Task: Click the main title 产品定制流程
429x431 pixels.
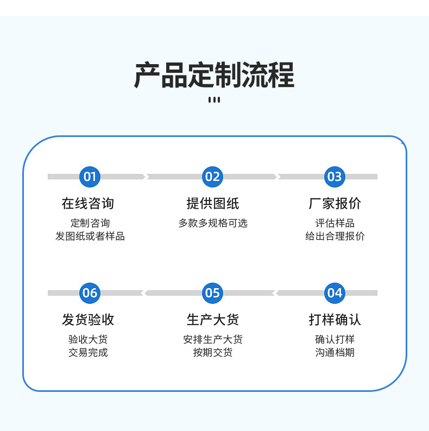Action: click(214, 75)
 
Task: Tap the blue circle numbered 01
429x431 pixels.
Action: click(90, 177)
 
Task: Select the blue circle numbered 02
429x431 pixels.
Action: click(212, 177)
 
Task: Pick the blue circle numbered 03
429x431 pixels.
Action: click(335, 177)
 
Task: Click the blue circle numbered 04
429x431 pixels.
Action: click(335, 293)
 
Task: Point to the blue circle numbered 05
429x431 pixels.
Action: click(212, 293)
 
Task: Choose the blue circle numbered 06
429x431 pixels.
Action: click(90, 293)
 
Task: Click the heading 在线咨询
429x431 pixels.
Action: click(88, 203)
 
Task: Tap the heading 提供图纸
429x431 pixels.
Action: click(213, 203)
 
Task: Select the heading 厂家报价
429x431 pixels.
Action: click(335, 203)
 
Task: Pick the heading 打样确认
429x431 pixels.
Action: click(335, 320)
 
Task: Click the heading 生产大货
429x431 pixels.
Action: click(213, 320)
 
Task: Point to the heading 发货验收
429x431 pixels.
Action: click(88, 320)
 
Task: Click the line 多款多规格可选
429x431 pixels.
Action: click(213, 223)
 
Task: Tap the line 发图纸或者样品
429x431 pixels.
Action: click(90, 236)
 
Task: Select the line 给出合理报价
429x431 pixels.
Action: click(335, 236)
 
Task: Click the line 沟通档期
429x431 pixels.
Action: click(335, 352)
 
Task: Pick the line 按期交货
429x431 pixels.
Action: click(213, 352)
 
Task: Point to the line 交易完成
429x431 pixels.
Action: click(88, 352)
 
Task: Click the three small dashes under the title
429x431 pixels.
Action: click(214, 100)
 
